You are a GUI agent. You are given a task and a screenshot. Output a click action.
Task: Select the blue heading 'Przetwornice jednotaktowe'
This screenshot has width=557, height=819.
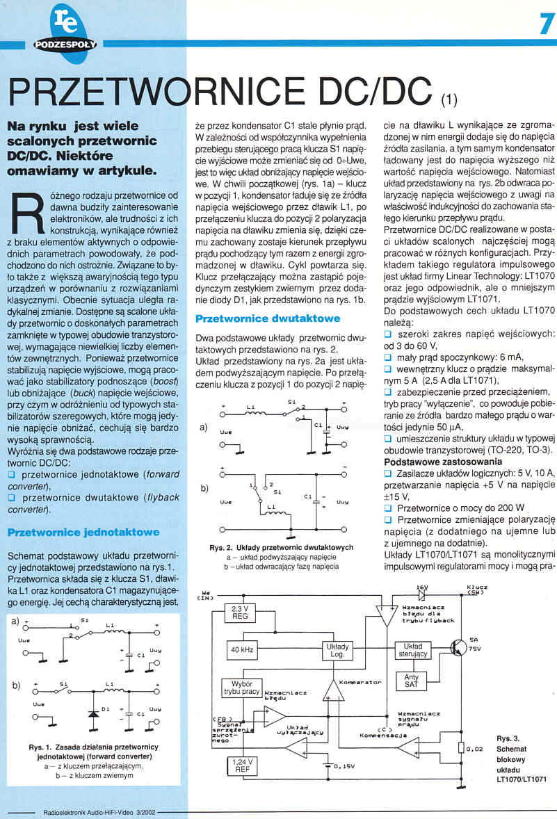[x=83, y=533]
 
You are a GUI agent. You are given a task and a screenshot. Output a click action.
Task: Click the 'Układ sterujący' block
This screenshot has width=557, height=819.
[x=412, y=650]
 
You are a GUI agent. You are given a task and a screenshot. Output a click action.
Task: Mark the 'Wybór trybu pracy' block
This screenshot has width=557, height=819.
[x=241, y=688]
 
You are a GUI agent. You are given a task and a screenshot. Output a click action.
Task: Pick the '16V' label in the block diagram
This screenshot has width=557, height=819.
[x=421, y=587]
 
